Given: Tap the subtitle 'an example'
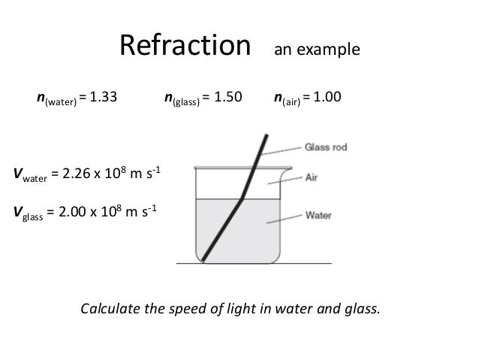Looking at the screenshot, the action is pyautogui.click(x=317, y=51).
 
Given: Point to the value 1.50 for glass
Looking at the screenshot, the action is pyautogui.click(x=230, y=97).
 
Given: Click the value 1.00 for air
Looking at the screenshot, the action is pyautogui.click(x=327, y=97).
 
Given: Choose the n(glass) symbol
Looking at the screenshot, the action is pyautogui.click(x=181, y=98).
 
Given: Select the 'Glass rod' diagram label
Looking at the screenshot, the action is pyautogui.click(x=326, y=148).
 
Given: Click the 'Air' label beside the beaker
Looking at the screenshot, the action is pyautogui.click(x=312, y=179).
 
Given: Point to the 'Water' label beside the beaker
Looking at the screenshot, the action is pyautogui.click(x=318, y=214).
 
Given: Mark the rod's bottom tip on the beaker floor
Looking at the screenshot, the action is pyautogui.click(x=203, y=261).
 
